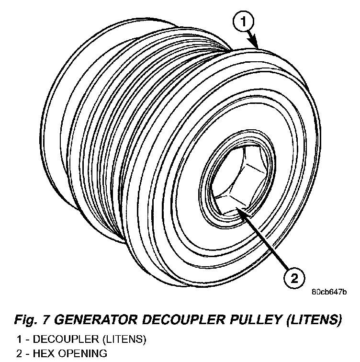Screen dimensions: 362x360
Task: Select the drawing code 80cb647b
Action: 329,291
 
